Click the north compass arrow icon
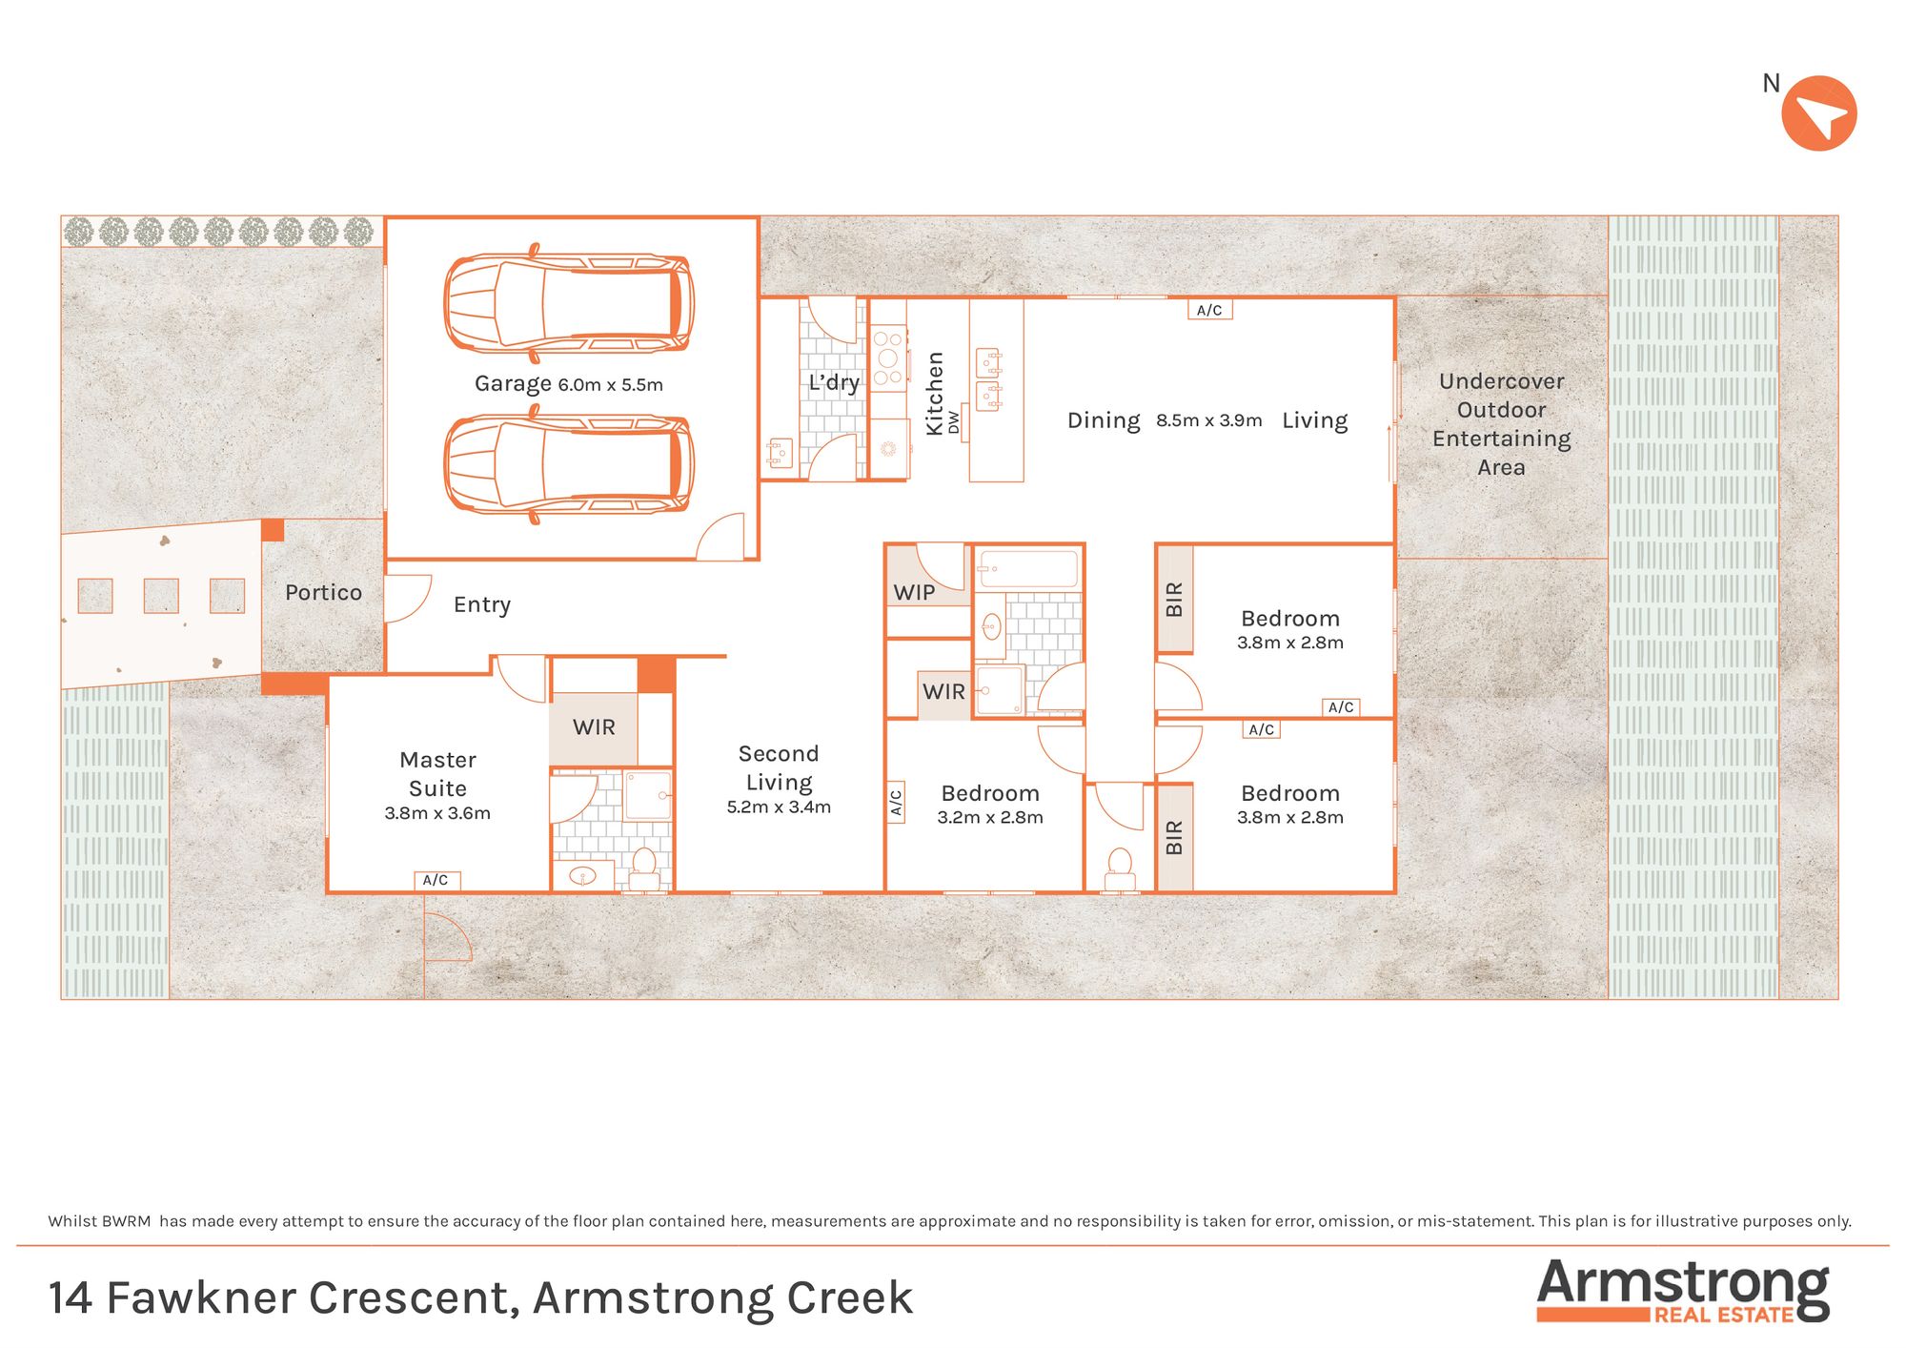pos(1819,113)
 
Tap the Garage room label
pos(513,383)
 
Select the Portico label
pos(323,592)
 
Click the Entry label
pos(481,604)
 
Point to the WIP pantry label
pos(914,592)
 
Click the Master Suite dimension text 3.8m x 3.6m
pos(437,813)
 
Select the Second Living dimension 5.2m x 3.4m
pos(779,807)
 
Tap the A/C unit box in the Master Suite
pos(436,880)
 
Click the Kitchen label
pos(935,393)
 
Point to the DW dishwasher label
pos(954,423)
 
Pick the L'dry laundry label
pos(834,383)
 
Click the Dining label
pos(1104,420)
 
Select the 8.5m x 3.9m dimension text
pos(1209,420)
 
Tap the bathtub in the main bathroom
pos(1028,569)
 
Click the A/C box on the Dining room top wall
pos(1209,310)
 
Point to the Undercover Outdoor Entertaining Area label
pos(1502,424)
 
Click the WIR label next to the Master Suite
pos(594,727)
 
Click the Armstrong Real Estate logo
pos(1683,1291)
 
